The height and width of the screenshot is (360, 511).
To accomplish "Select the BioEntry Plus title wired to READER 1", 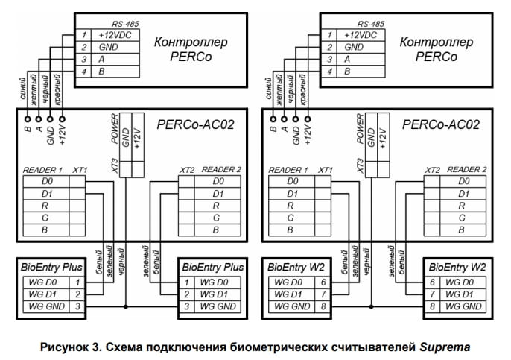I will pyautogui.click(x=51, y=267).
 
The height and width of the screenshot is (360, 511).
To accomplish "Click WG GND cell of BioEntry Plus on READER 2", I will pyautogui.click(x=217, y=306).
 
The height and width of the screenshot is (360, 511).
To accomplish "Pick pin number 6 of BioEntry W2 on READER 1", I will pyautogui.click(x=323, y=282).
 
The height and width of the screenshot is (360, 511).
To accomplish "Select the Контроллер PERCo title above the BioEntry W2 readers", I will pyautogui.click(x=437, y=48).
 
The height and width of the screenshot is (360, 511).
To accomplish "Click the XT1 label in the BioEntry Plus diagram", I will pyautogui.click(x=80, y=170).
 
